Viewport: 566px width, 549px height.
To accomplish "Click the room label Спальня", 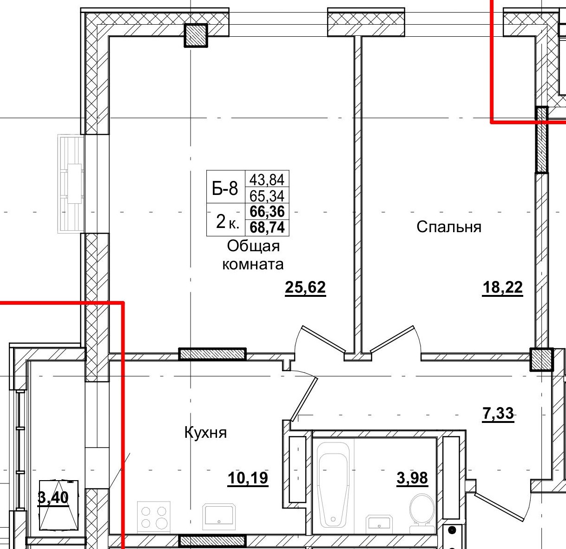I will coord(448,227).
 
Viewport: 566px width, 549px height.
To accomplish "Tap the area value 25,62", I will coord(305,288).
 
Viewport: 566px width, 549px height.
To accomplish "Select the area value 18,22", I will coord(502,288).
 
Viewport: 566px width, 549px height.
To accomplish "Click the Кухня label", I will coord(205,433).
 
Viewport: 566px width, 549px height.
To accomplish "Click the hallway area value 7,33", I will coord(498,413).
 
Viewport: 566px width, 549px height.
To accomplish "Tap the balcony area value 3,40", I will coord(53,497).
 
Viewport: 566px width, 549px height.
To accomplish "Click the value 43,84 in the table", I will coord(267,179).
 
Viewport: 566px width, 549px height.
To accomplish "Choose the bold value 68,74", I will coord(267,228).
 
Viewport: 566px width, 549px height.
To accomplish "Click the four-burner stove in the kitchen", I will coord(154,517).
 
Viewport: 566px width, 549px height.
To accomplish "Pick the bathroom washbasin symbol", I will coord(380,523).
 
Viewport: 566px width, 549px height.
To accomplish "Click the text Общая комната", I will coord(253,255).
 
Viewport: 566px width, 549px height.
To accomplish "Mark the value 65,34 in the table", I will coord(267,195).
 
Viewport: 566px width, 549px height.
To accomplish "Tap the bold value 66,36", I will coord(267,212).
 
